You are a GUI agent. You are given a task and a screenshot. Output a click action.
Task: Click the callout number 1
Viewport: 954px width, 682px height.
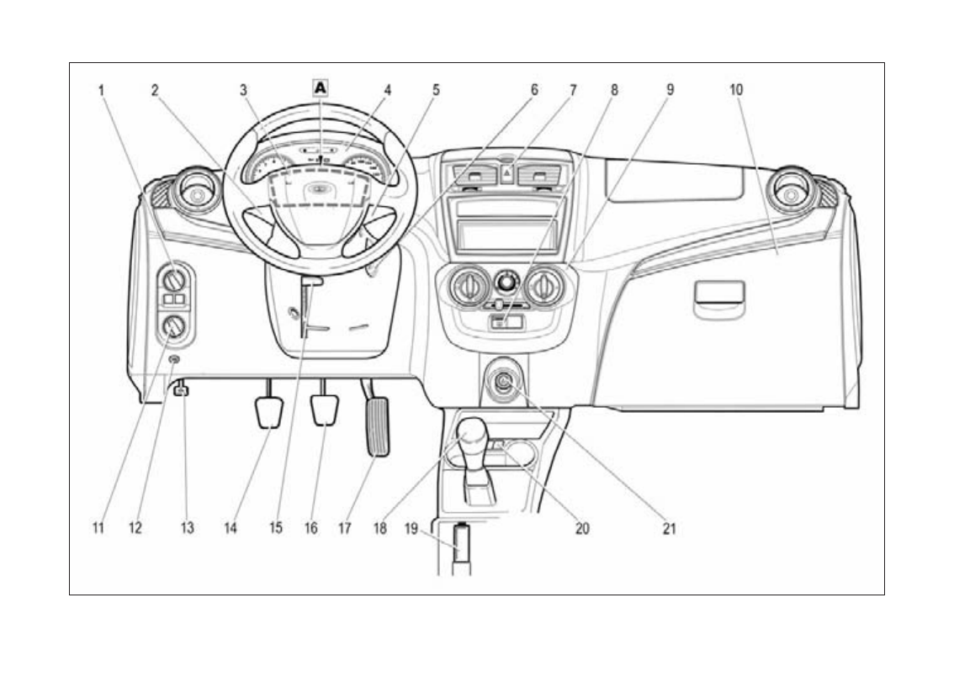point(102,88)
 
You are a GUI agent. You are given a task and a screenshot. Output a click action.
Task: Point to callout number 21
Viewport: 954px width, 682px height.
point(670,529)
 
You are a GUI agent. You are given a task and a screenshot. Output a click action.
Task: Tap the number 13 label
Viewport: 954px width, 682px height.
point(187,529)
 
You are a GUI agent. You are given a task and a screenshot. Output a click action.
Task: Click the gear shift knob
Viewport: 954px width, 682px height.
point(468,431)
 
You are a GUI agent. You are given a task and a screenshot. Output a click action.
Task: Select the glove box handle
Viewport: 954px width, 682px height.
point(719,294)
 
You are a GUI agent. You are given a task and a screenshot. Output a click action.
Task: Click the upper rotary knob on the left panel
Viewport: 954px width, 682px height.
point(175,278)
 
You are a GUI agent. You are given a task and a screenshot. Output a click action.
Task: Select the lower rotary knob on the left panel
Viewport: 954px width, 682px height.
point(175,326)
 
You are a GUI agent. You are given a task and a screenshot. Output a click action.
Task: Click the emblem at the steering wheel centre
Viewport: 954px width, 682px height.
point(319,189)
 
